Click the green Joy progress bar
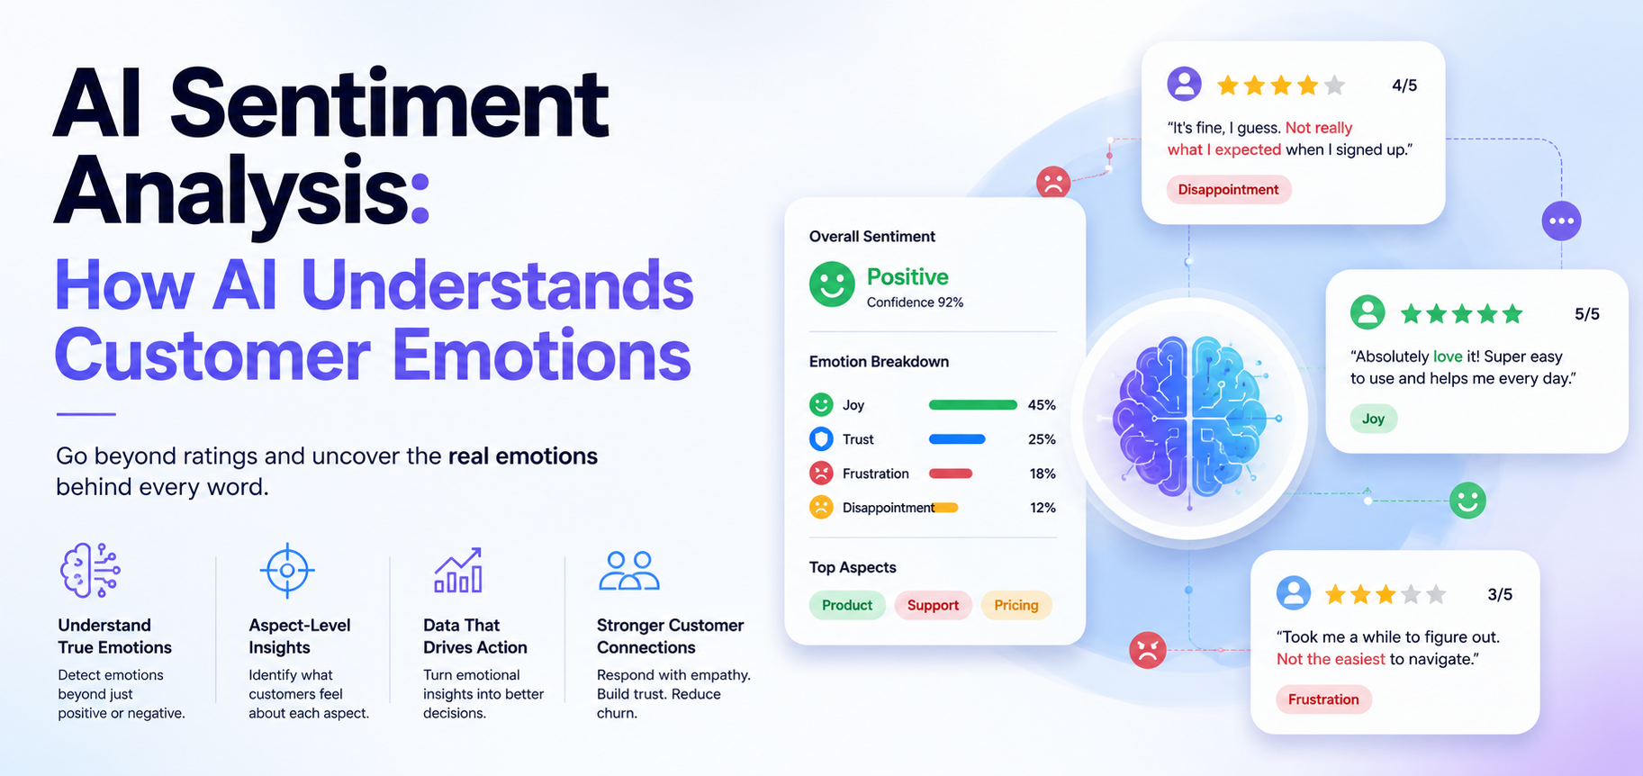(972, 405)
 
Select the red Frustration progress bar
(950, 474)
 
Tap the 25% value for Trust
(1042, 439)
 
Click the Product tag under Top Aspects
(847, 605)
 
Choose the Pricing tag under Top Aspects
(1016, 605)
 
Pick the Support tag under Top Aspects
(933, 605)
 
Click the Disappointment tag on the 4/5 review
(1229, 189)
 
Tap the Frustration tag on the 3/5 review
(1323, 699)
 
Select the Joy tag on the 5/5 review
(1374, 419)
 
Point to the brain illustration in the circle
(1190, 418)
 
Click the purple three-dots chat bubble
(1561, 221)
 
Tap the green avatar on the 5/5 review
(1368, 312)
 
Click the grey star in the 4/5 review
(1335, 86)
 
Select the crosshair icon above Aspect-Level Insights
(287, 570)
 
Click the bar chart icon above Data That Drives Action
(458, 570)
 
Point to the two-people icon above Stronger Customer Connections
(629, 571)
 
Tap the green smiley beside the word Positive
(832, 284)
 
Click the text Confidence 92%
(915, 302)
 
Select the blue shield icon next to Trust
(821, 439)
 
